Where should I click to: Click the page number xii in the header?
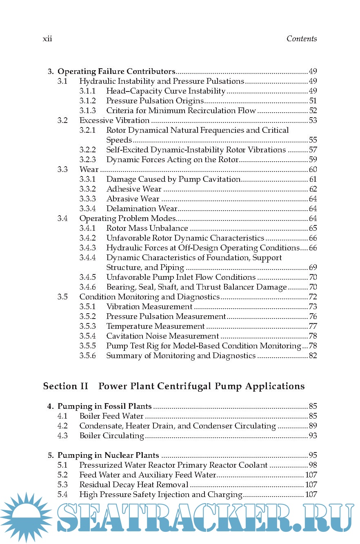(48, 39)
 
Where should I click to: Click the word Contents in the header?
(301, 39)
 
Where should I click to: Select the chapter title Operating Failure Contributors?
(116, 71)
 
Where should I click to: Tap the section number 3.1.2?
(87, 101)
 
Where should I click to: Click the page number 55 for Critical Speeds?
(313, 140)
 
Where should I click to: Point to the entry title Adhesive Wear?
(134, 189)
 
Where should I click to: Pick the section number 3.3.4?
(87, 209)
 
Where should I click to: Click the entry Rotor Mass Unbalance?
(147, 228)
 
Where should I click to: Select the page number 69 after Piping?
(313, 268)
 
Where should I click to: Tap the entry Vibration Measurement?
(149, 307)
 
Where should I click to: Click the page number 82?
(313, 356)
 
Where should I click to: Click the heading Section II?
(66, 386)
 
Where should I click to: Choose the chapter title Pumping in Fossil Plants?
(104, 406)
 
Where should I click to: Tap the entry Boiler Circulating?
(111, 436)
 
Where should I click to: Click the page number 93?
(313, 436)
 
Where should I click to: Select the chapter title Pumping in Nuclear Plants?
(108, 455)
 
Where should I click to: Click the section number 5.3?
(62, 485)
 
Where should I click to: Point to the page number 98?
(313, 465)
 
